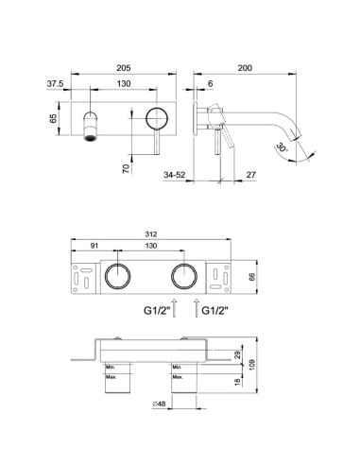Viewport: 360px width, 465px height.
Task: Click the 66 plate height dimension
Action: pos(252,276)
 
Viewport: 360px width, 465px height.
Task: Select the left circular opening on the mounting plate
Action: pos(118,277)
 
